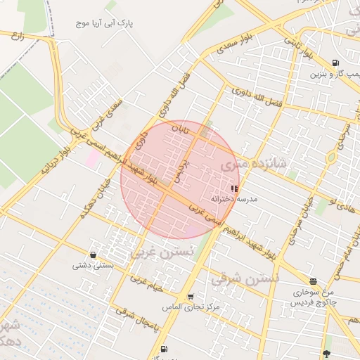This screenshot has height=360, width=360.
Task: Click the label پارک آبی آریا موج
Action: [105, 23]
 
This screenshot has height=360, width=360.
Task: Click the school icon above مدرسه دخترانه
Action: [234, 188]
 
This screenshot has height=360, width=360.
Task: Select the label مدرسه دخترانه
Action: [237, 199]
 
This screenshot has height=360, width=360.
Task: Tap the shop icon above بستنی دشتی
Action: [93, 255]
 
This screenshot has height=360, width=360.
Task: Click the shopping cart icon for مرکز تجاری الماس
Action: [191, 297]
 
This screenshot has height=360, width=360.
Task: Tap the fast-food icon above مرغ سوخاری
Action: [313, 281]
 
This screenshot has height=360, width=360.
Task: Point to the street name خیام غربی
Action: [146, 279]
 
